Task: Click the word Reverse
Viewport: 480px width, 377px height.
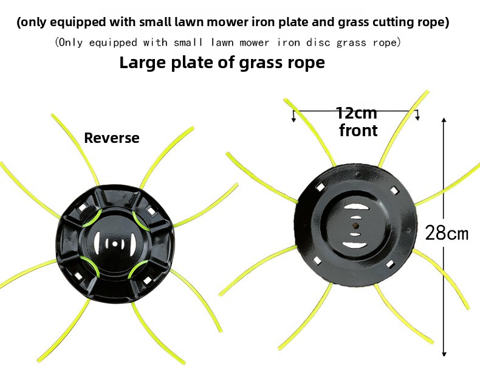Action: coord(112,138)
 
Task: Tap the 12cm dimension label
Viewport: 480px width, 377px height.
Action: coord(356,113)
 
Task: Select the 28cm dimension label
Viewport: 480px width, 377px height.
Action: coord(447,233)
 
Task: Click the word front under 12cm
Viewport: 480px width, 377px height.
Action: coord(358,131)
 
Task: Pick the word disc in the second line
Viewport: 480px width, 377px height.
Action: coord(318,43)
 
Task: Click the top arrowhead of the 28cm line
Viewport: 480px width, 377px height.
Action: coord(444,120)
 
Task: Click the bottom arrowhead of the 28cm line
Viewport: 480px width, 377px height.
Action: coord(444,353)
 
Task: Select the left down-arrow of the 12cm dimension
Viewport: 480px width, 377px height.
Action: coord(293,116)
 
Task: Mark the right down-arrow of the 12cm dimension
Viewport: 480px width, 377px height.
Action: coord(417,115)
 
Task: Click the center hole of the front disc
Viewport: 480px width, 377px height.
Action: coord(355,226)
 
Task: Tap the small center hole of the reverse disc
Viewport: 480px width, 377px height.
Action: coord(115,244)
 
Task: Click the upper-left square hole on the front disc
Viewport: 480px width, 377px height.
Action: coord(320,187)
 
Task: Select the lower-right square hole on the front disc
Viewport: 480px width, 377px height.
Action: coord(389,265)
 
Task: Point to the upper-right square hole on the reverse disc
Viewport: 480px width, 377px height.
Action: coord(150,210)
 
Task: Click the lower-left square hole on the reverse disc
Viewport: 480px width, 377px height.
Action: coord(78,277)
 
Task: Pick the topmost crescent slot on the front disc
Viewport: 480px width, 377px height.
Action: coord(355,207)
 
